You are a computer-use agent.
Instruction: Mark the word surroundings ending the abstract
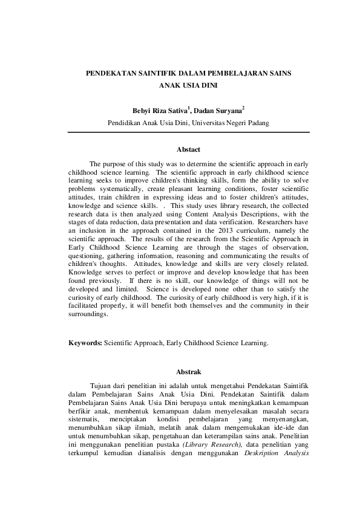tap(88, 316)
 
